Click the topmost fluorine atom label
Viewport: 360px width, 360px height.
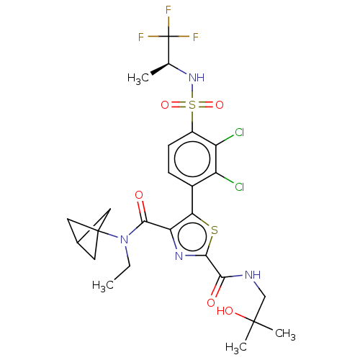(x=168, y=10)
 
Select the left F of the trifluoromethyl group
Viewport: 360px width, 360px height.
(x=141, y=37)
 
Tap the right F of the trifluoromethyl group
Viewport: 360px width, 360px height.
(x=196, y=37)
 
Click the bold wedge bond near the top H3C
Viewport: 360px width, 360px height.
(x=160, y=69)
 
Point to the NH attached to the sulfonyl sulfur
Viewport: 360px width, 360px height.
(x=197, y=78)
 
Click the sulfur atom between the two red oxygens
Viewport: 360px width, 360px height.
(x=192, y=105)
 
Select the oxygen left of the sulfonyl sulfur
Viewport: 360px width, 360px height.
(x=165, y=105)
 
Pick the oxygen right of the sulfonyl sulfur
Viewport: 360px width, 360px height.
(x=220, y=105)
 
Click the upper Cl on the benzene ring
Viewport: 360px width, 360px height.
(x=240, y=132)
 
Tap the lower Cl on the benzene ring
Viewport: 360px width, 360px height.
(x=240, y=186)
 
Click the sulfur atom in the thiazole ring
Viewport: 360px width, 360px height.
(x=215, y=230)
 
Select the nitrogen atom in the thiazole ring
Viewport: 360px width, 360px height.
(x=179, y=256)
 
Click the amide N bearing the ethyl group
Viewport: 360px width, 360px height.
(x=124, y=240)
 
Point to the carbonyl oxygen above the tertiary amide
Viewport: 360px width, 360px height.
(x=139, y=195)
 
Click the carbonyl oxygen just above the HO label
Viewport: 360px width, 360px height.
(x=211, y=303)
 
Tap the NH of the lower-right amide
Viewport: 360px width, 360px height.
(x=253, y=275)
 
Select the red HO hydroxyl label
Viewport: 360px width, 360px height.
(x=225, y=311)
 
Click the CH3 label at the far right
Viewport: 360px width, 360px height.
(x=285, y=334)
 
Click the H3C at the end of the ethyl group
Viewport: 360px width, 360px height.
(x=103, y=286)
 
